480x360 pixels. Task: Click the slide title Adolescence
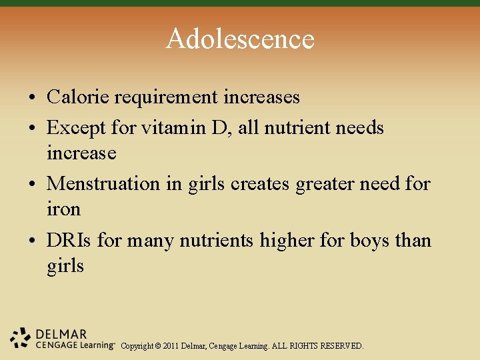point(240,39)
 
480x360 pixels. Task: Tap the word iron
point(63,209)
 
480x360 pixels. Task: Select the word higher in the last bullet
point(285,240)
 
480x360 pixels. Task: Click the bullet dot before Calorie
point(32,98)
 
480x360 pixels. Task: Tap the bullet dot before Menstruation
point(32,183)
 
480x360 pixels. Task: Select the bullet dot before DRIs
point(32,240)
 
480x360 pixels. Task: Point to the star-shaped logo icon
point(21,339)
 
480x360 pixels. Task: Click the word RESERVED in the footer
point(342,346)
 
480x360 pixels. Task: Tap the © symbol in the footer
point(157,346)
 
